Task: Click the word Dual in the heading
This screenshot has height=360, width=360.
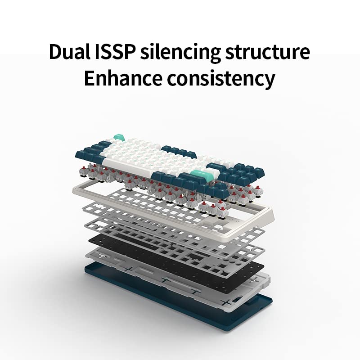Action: click(x=69, y=52)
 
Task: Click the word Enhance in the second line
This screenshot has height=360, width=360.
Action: click(x=123, y=78)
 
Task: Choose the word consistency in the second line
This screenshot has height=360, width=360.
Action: click(x=221, y=80)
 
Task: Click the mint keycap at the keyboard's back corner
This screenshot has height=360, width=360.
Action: click(x=119, y=137)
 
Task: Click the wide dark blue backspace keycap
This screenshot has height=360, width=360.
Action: click(x=216, y=166)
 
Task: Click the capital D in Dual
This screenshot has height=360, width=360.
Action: click(x=56, y=52)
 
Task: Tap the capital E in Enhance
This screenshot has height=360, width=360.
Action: click(x=90, y=78)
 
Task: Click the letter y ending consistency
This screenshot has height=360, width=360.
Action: click(x=269, y=81)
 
